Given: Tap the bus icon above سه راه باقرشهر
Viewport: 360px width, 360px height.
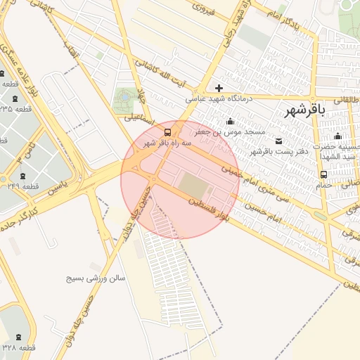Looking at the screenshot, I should [x=167, y=131].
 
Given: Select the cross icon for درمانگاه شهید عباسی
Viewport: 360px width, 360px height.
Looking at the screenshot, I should [x=219, y=88].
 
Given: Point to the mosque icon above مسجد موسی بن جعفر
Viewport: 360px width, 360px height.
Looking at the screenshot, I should [x=231, y=121].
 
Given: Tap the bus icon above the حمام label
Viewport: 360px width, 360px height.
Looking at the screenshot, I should [x=323, y=174].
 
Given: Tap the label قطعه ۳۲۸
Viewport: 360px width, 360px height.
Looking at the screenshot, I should [x=19, y=348].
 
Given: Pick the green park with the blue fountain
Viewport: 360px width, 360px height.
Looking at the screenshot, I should [x=125, y=97].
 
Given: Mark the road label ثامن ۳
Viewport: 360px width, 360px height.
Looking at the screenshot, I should [x=27, y=153].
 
